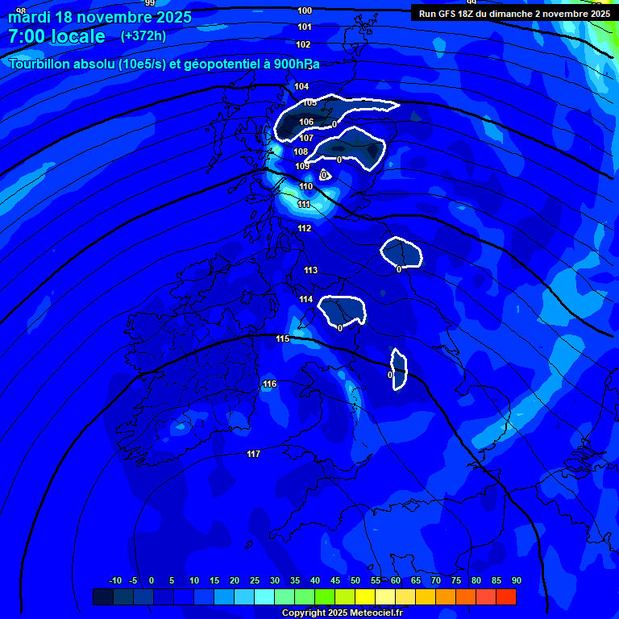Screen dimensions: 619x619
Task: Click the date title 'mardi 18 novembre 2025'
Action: [x=100, y=17]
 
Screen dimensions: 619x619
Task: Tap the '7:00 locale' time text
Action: [x=56, y=36]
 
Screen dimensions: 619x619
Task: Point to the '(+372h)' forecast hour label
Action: [x=143, y=35]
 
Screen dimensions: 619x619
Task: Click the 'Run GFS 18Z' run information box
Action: [x=514, y=13]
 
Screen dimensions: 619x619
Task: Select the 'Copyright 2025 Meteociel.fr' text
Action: [x=342, y=613]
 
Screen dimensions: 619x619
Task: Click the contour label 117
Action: [x=253, y=455]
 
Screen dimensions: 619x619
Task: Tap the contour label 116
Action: [x=269, y=384]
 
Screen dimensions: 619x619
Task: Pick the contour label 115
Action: [x=282, y=339]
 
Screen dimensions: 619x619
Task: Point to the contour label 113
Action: [x=310, y=270]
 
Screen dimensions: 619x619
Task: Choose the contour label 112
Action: [x=304, y=228]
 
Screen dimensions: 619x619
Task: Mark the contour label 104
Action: [x=301, y=86]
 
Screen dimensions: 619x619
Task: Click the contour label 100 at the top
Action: [x=305, y=10]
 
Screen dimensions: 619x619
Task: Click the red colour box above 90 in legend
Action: [x=506, y=596]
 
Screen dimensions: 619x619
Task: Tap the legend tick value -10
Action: [x=115, y=580]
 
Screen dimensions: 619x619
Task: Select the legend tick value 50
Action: [x=355, y=580]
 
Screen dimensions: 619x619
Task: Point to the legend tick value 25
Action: [x=255, y=580]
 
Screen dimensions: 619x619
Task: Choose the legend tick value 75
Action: [x=456, y=580]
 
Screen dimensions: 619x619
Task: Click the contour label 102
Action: [x=303, y=44]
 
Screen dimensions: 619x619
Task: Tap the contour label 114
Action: [x=306, y=299]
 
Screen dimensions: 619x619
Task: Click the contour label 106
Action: [x=306, y=123]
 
